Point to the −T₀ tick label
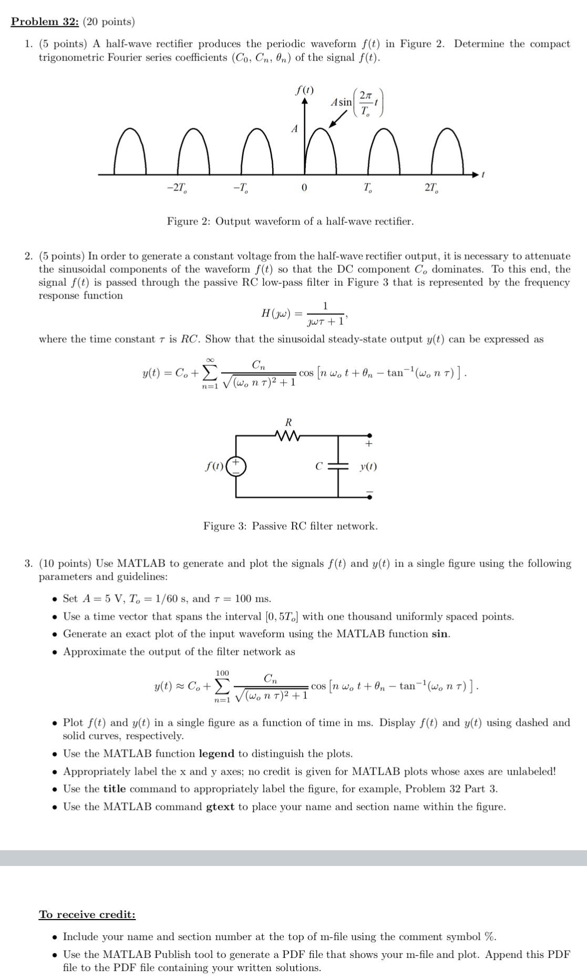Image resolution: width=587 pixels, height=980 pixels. [241, 188]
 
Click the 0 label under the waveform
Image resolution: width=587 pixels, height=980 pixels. [304, 188]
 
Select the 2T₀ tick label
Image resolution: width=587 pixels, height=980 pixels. [431, 188]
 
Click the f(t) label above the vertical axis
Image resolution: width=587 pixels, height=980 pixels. [305, 90]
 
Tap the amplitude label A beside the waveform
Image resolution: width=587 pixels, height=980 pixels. [294, 129]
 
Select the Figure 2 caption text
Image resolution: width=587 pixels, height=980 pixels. [290, 221]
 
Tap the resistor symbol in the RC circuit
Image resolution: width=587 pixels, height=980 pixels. [287, 435]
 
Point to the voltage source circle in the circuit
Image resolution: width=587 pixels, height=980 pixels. [236, 466]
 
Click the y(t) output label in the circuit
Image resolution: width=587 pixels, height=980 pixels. [368, 466]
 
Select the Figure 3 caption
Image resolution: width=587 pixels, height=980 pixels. [290, 526]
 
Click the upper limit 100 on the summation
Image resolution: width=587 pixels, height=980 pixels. [222, 673]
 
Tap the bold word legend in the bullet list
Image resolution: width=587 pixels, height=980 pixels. [217, 754]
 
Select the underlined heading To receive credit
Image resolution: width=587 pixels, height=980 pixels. [87, 914]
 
